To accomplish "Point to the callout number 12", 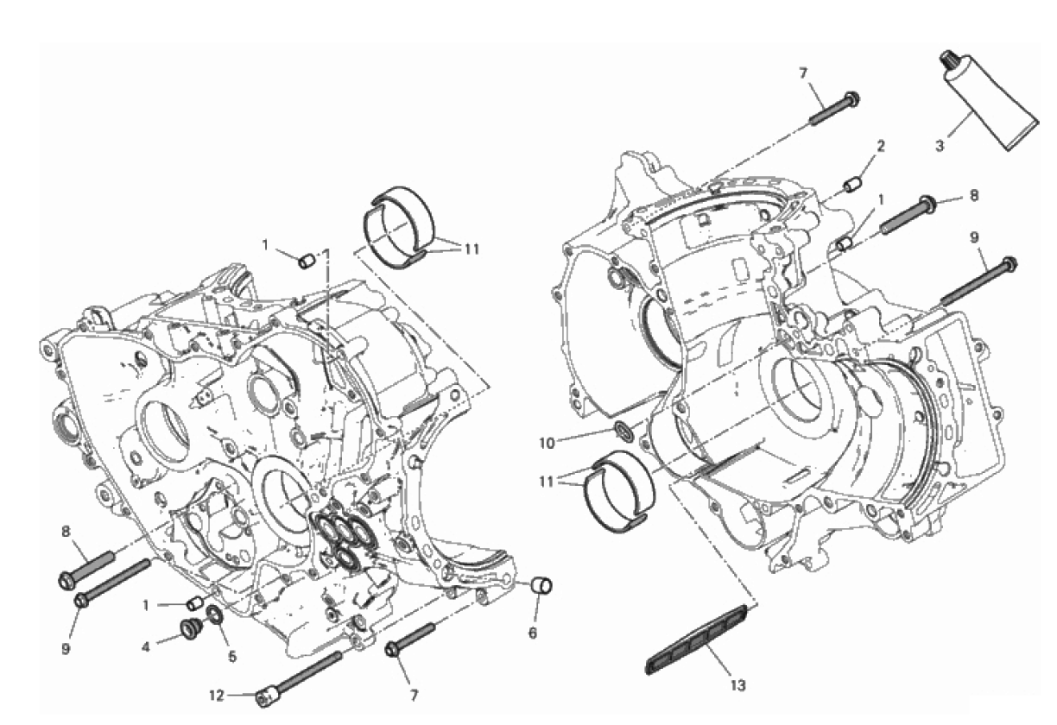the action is pyautogui.click(x=217, y=696).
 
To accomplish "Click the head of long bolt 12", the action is pyautogui.click(x=265, y=697).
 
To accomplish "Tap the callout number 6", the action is pyautogui.click(x=532, y=634).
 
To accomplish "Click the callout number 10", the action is pyautogui.click(x=547, y=444).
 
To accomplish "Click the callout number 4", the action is pyautogui.click(x=146, y=646).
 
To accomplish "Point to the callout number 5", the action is pyautogui.click(x=232, y=656).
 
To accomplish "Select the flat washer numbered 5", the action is pyautogui.click(x=216, y=615).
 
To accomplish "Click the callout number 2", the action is pyautogui.click(x=881, y=146).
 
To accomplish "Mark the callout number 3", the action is pyautogui.click(x=940, y=146).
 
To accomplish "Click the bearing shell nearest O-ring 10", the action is pyautogui.click(x=619, y=491).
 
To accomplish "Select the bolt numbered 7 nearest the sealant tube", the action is pyautogui.click(x=834, y=108).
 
